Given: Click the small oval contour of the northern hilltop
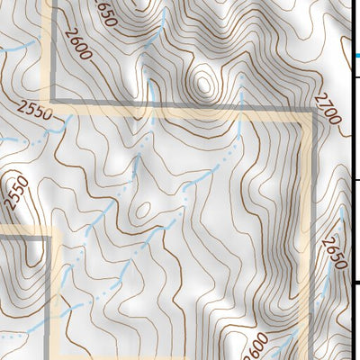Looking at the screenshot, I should (204, 84).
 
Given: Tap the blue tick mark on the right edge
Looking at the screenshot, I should (357, 56).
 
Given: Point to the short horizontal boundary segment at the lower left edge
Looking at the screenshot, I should (22, 236).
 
